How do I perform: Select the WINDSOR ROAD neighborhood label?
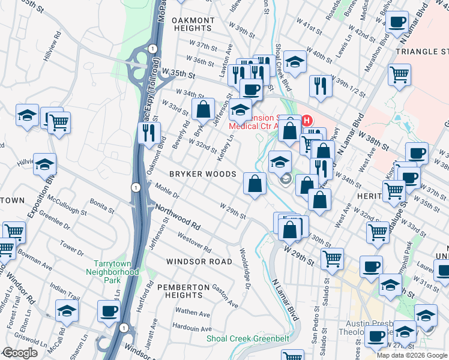199,262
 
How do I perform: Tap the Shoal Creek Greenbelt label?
248,338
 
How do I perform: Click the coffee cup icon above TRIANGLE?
397,23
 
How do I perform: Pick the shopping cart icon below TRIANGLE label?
399,75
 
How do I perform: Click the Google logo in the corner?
20,353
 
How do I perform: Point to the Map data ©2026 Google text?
411,355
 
